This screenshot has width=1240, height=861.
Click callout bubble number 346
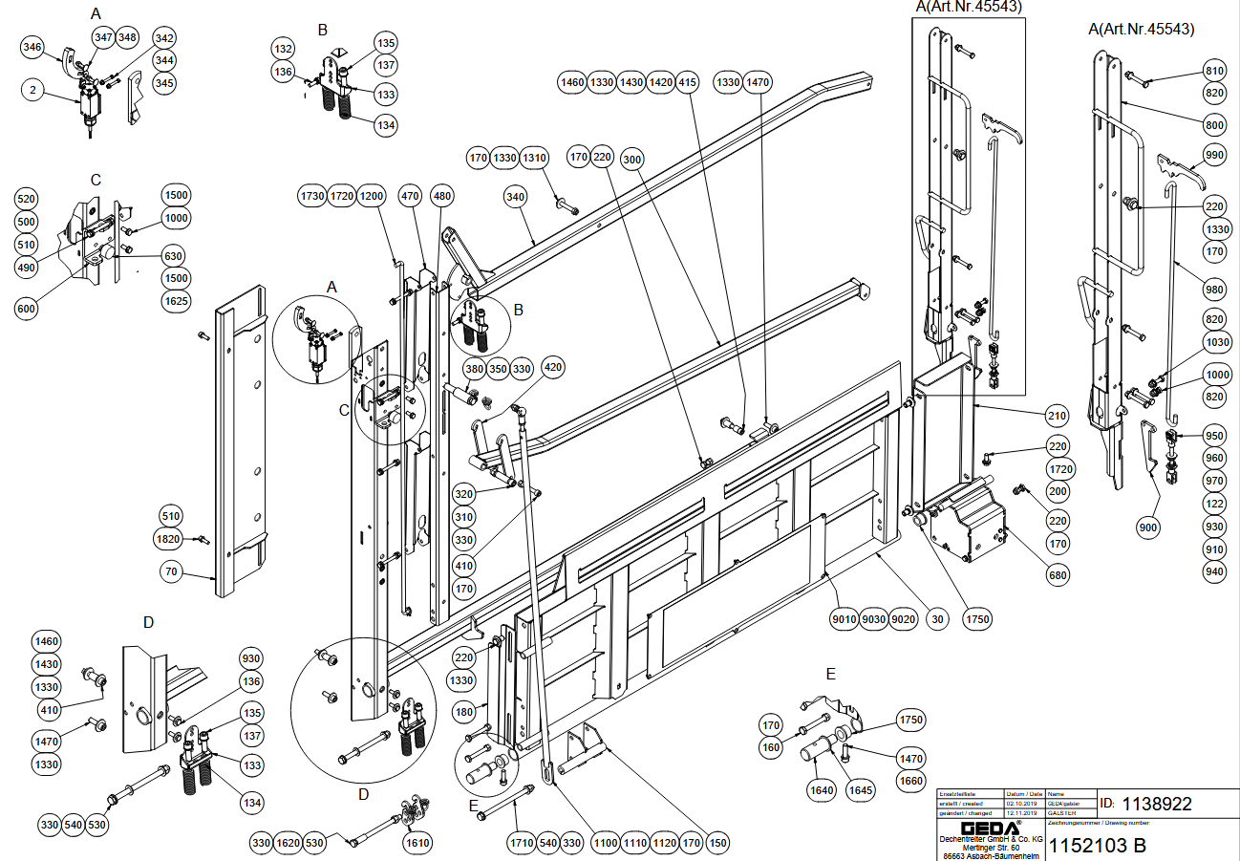32,48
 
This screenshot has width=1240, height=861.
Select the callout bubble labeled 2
32,91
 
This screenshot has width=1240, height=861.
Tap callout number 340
516,197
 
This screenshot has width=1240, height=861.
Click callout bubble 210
1057,417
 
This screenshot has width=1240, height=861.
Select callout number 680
1058,575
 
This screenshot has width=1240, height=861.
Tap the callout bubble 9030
873,619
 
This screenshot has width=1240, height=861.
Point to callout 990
1214,155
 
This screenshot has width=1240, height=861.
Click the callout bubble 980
1214,291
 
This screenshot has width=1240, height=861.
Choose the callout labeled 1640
822,790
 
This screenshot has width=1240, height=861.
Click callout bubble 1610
417,843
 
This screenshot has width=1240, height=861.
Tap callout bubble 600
28,309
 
